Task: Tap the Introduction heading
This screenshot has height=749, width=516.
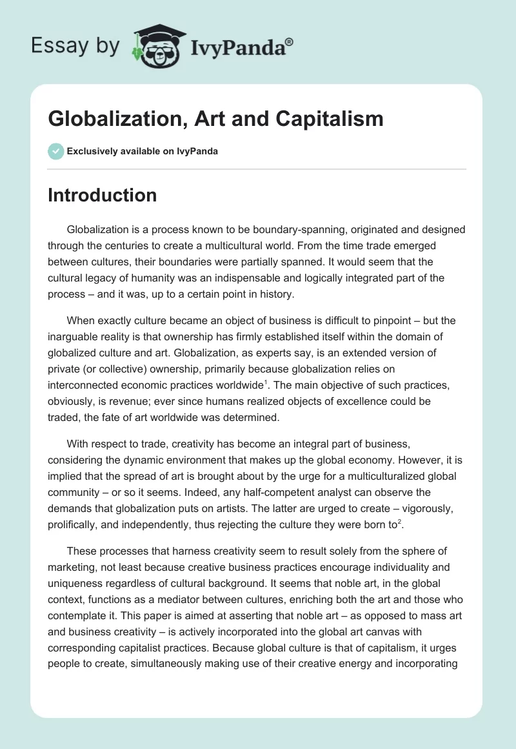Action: click(x=103, y=195)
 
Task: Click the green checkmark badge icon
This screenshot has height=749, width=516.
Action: click(x=55, y=151)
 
